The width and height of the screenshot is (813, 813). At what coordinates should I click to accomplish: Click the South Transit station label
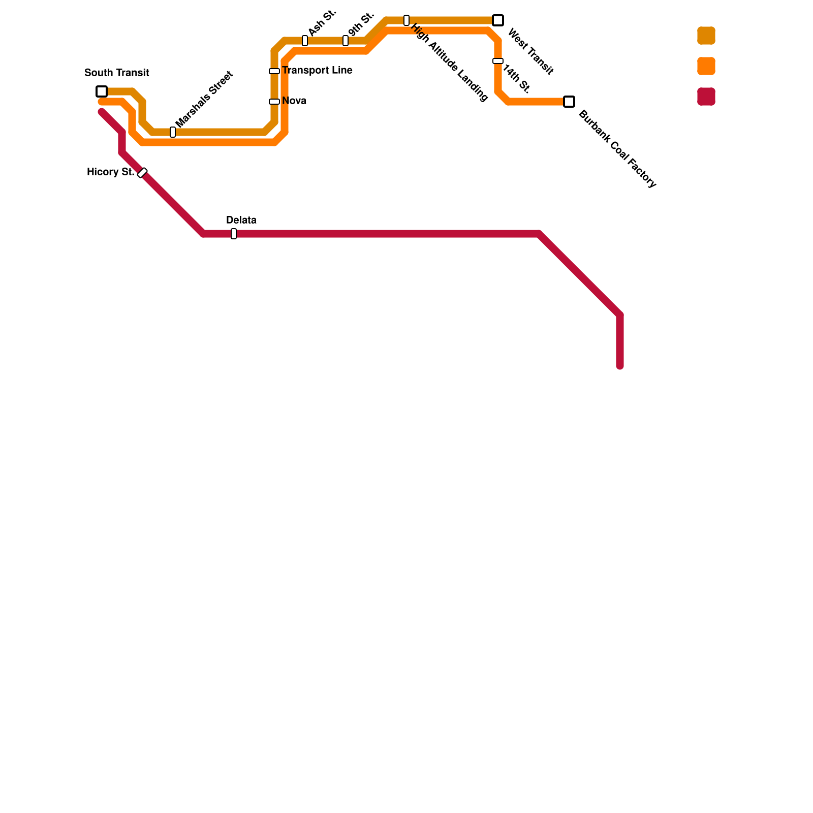coord(117,73)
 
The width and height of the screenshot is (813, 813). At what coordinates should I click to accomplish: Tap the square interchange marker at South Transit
coord(102,91)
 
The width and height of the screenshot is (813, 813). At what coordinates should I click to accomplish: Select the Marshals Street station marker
coord(173,132)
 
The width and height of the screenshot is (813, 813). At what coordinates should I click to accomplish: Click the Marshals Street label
coord(204,99)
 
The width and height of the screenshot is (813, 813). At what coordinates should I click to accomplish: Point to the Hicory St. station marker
coord(142,173)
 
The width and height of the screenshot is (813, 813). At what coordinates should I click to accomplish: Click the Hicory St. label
coord(110,172)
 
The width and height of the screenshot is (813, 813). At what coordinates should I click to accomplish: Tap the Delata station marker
coord(234,234)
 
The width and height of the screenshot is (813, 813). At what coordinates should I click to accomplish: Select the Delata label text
coord(241,221)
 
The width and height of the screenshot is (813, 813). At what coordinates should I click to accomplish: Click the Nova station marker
coord(274,102)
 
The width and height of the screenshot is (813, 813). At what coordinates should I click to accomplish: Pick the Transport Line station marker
coord(274,71)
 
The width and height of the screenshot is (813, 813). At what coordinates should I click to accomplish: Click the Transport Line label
coord(317,71)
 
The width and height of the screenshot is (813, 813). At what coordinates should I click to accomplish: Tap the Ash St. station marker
coord(305,41)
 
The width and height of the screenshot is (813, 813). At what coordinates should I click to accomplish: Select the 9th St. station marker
coord(346,41)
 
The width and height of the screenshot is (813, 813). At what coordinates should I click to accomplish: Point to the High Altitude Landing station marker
coord(407,20)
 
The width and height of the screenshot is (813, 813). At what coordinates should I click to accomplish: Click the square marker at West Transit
coord(498,20)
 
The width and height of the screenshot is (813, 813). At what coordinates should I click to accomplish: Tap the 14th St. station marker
coord(498,61)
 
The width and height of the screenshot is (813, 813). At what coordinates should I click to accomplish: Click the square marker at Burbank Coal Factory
coord(569,102)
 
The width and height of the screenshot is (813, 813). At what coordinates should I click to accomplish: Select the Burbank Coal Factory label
coord(617,149)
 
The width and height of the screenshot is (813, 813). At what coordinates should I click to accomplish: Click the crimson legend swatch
coord(706,97)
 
